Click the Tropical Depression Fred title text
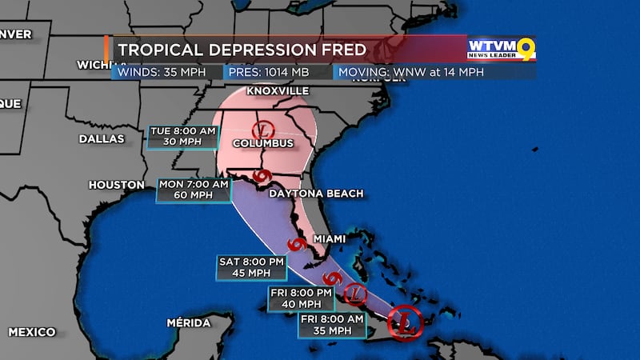pyautogui.click(x=242, y=50)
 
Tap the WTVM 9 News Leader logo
pyautogui.click(x=501, y=48)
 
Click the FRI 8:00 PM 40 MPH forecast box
pyautogui.click(x=301, y=298)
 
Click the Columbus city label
pyautogui.click(x=262, y=144)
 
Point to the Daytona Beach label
pyautogui.click(x=316, y=194)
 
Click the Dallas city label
pyautogui.click(x=102, y=138)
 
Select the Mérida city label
pyautogui.click(x=189, y=323)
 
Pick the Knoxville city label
pyautogui.click(x=277, y=91)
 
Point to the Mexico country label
pyautogui.click(x=32, y=331)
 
